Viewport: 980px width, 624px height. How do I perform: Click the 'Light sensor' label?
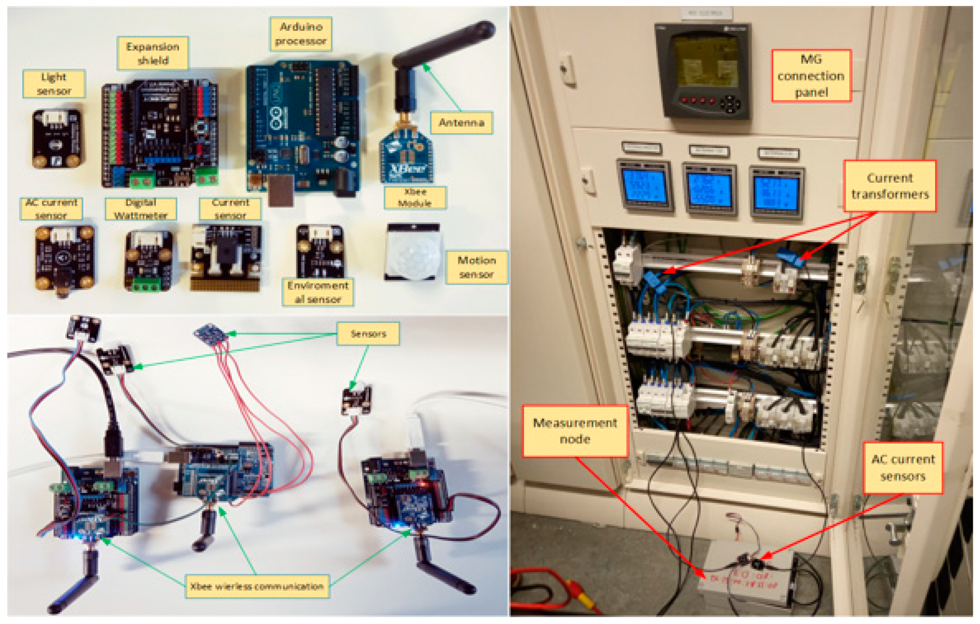[54, 84]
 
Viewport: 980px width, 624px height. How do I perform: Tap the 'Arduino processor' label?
[301, 34]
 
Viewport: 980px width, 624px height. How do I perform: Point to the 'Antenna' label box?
[462, 122]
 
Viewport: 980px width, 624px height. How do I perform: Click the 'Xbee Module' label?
[415, 198]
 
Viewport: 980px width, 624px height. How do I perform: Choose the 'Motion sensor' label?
[477, 267]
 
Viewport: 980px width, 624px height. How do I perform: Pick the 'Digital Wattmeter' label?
[140, 209]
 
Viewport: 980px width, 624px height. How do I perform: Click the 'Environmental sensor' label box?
[318, 292]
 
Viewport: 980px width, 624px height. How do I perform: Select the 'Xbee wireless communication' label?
[257, 586]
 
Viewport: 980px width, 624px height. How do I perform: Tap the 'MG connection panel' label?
[811, 76]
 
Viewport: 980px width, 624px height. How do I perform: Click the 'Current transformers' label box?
[890, 186]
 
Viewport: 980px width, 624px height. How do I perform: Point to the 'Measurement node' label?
[575, 431]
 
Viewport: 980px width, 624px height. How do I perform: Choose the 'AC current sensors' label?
[903, 468]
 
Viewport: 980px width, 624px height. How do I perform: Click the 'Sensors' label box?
[368, 334]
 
